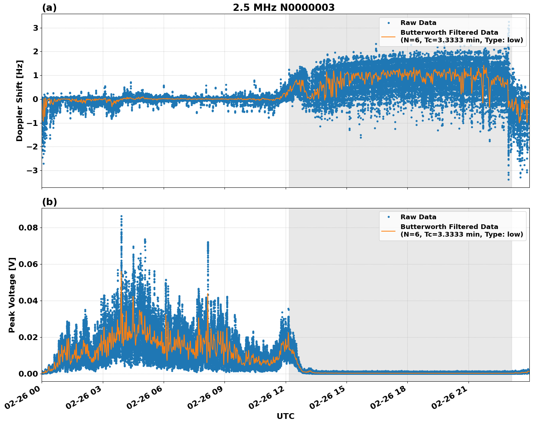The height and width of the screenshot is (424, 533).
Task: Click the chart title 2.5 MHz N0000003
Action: pyautogui.click(x=284, y=8)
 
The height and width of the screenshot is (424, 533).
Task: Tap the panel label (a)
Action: pyautogui.click(x=49, y=8)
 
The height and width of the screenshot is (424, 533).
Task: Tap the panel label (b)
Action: pyautogui.click(x=49, y=202)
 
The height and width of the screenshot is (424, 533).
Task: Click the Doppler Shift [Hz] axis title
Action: pyautogui.click(x=20, y=101)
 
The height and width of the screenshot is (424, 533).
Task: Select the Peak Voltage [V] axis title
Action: pyautogui.click(x=12, y=295)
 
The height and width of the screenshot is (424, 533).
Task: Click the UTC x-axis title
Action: pyautogui.click(x=285, y=416)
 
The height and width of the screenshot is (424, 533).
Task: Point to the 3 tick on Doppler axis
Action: pyautogui.click(x=35, y=28)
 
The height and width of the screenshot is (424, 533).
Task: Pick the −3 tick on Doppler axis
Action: pyautogui.click(x=33, y=170)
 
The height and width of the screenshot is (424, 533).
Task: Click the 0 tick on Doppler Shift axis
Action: pyautogui.click(x=35, y=99)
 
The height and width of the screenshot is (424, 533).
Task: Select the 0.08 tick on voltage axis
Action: pyautogui.click(x=30, y=228)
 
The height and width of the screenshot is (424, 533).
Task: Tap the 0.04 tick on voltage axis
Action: pyautogui.click(x=30, y=301)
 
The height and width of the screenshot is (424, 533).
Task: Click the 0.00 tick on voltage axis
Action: pyautogui.click(x=30, y=374)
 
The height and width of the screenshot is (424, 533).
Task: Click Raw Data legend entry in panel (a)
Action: pyautogui.click(x=418, y=23)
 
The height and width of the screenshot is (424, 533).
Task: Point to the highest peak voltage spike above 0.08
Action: pyautogui.click(x=121, y=216)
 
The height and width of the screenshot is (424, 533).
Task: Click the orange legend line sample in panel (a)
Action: pyautogui.click(x=388, y=37)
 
